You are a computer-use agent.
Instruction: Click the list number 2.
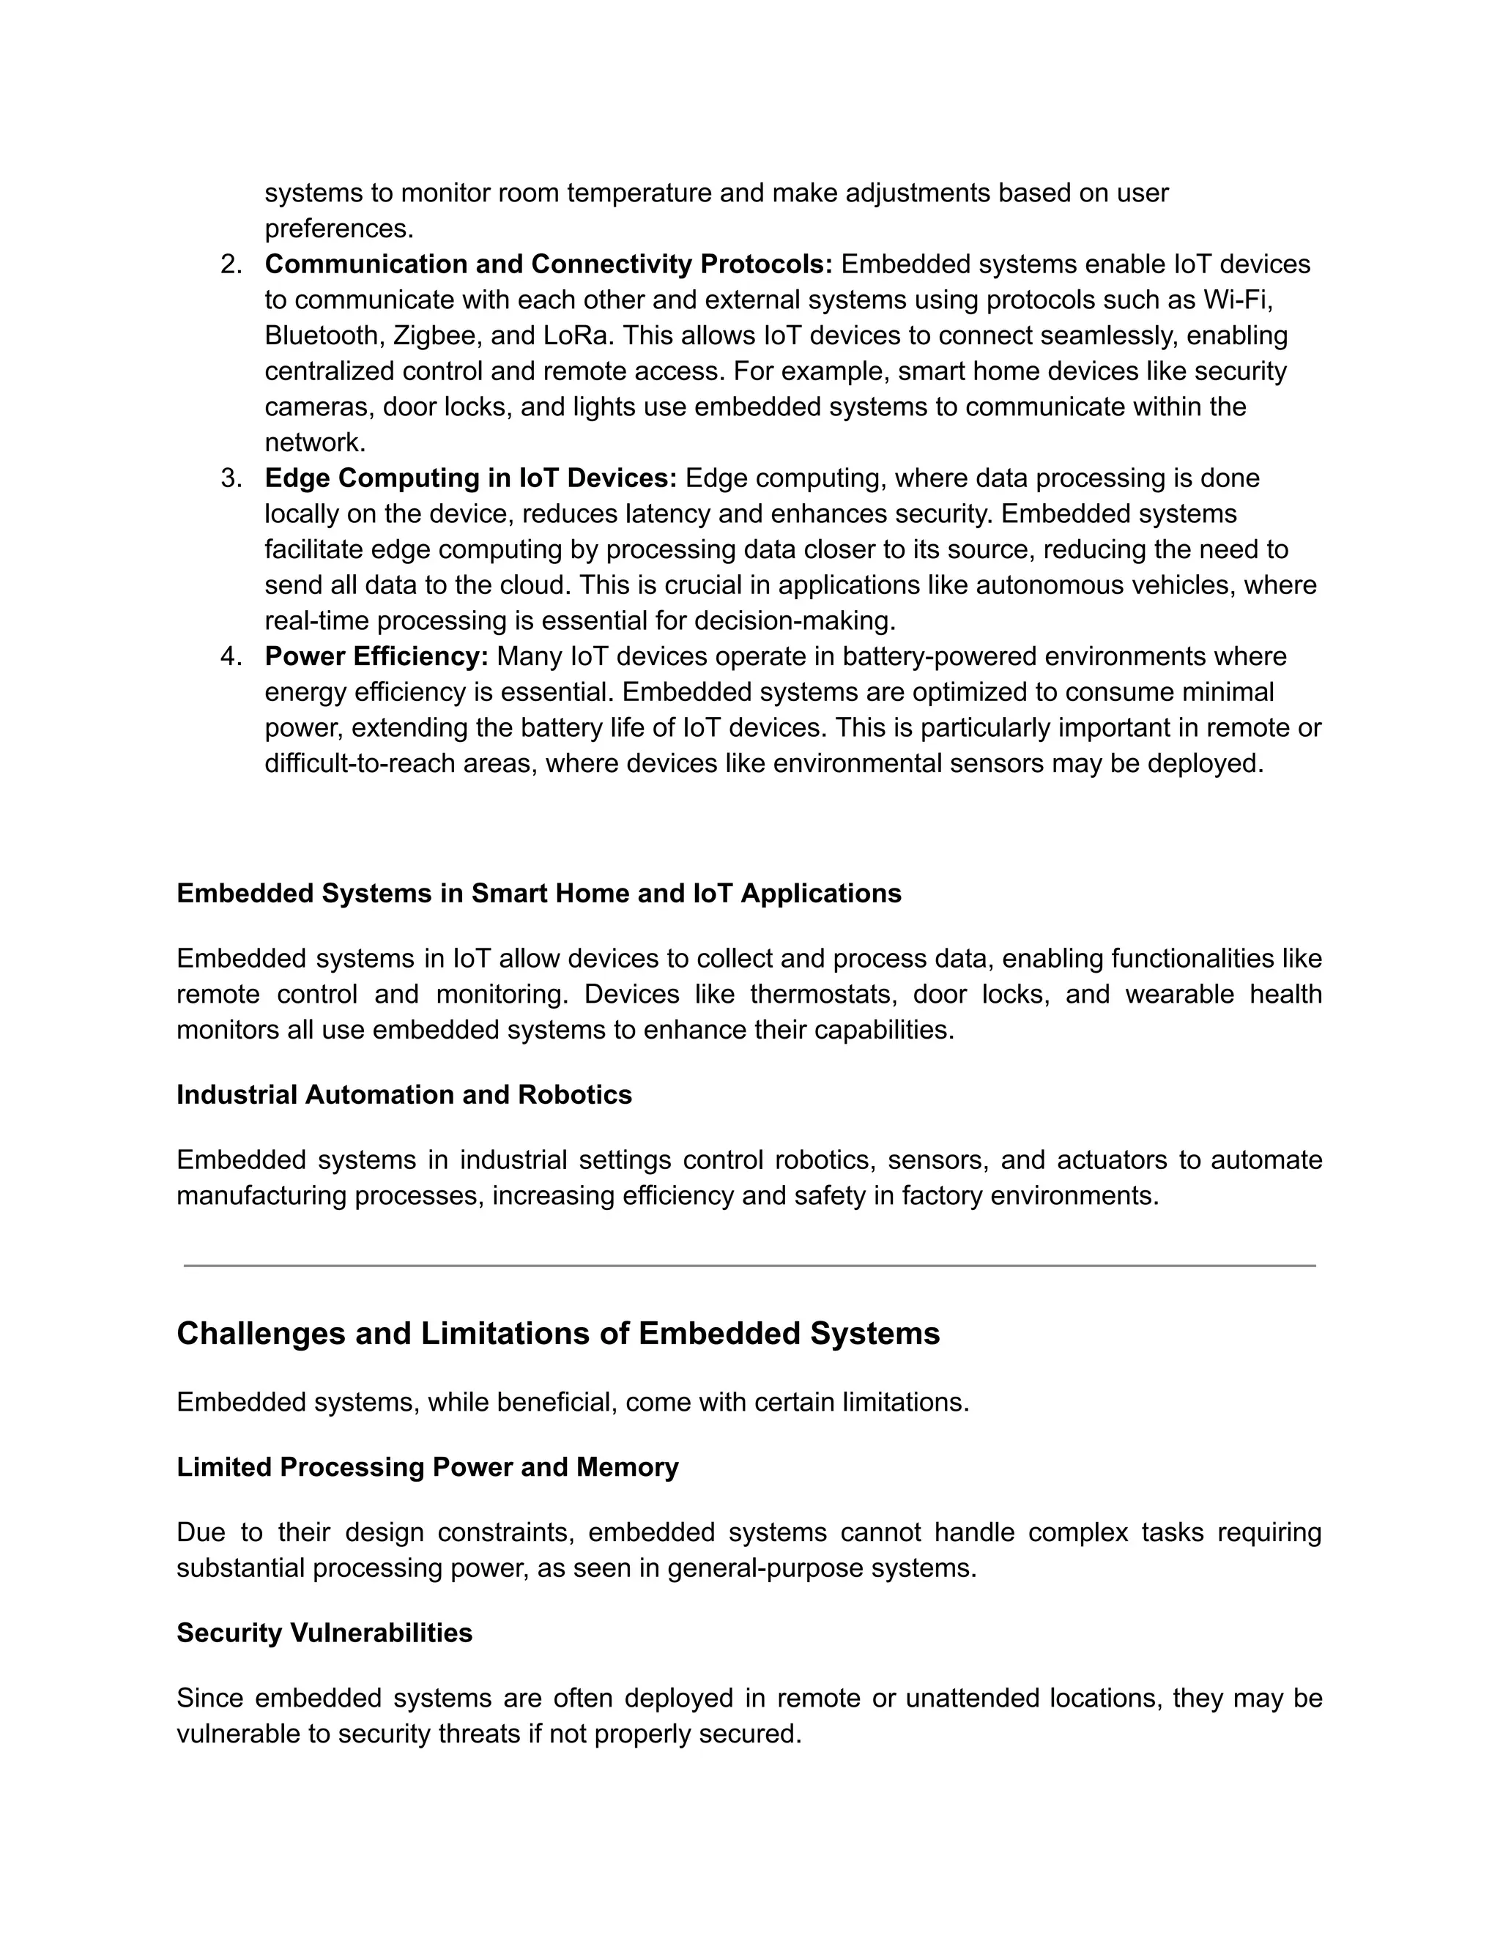click(x=230, y=265)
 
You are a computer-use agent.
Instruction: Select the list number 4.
click(x=230, y=657)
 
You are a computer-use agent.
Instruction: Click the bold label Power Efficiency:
click(x=376, y=657)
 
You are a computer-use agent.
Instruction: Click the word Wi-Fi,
click(x=1239, y=300)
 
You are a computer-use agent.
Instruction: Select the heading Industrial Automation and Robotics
click(x=404, y=1095)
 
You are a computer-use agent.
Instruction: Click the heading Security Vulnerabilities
click(x=324, y=1633)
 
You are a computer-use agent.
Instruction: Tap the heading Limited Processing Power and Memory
click(x=428, y=1467)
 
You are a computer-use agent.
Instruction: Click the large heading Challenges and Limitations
click(x=558, y=1334)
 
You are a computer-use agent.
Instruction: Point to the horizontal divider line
click(x=749, y=1266)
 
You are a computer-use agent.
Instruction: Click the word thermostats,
click(x=823, y=995)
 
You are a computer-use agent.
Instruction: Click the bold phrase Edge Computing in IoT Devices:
click(x=470, y=478)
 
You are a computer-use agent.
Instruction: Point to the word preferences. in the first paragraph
click(x=338, y=229)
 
